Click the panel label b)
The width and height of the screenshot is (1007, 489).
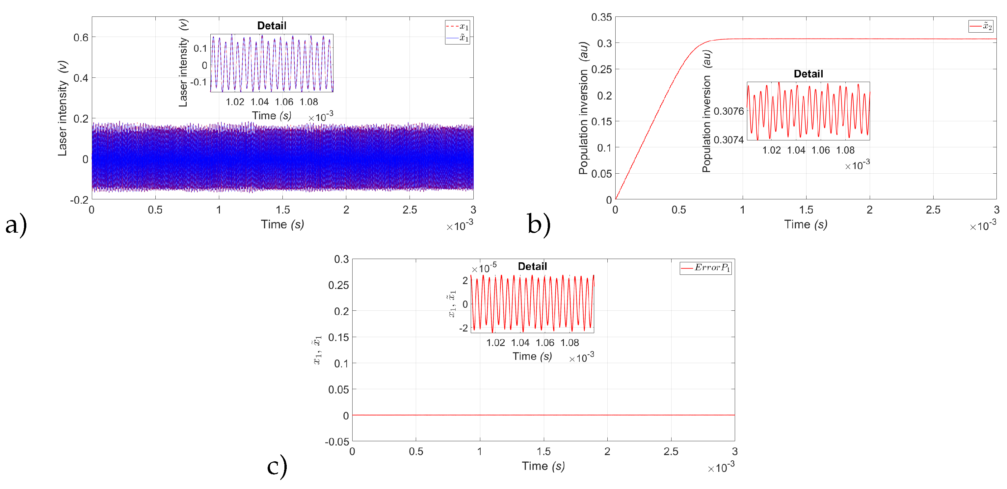point(538,224)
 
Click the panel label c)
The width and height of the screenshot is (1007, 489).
point(277,466)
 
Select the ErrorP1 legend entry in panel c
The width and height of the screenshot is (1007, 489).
point(705,268)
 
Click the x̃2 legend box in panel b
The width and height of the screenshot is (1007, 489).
point(980,26)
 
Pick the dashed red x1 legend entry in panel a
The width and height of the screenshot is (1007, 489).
point(457,27)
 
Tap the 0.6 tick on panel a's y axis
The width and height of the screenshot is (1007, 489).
point(81,38)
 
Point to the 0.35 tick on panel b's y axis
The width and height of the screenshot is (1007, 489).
point(601,17)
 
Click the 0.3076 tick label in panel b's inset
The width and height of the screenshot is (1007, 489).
point(728,111)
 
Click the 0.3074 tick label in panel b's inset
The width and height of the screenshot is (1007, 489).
point(728,140)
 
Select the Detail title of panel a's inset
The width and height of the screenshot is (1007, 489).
point(272,26)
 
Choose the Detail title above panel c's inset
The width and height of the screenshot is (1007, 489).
point(532,266)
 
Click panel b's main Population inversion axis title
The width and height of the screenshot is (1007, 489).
point(583,108)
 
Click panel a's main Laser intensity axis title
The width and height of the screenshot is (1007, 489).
point(63,108)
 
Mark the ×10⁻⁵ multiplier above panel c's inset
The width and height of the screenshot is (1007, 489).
point(484,268)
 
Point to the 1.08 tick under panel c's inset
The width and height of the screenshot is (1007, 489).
point(570,343)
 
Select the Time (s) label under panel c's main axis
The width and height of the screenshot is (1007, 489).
point(543,466)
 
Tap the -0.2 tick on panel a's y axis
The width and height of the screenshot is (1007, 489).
point(79,200)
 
